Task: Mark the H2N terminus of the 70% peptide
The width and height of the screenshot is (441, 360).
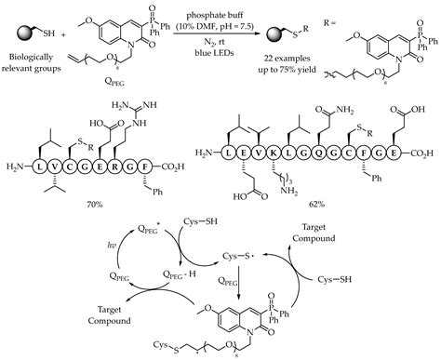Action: pyautogui.click(x=17, y=165)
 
